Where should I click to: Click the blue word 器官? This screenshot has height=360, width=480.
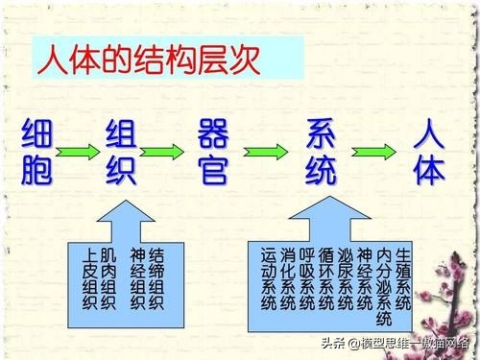click(212, 152)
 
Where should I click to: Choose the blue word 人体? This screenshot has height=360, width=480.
click(429, 152)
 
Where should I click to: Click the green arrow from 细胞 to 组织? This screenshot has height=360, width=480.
click(80, 151)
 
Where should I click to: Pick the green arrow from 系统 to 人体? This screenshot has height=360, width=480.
click(374, 151)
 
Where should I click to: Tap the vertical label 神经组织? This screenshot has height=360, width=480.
click(138, 278)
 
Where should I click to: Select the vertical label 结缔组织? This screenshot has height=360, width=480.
click(156, 278)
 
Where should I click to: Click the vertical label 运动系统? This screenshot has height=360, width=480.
click(269, 278)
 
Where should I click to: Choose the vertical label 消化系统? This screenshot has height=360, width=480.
click(288, 278)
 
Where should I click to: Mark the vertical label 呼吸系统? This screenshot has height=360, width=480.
click(307, 278)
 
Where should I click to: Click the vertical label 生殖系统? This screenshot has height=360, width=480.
click(403, 278)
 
